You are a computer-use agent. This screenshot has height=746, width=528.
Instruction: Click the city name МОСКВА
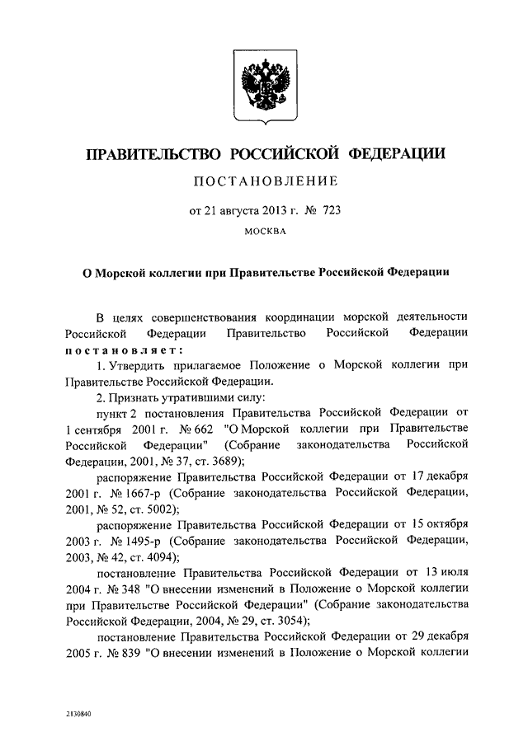click(x=264, y=232)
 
